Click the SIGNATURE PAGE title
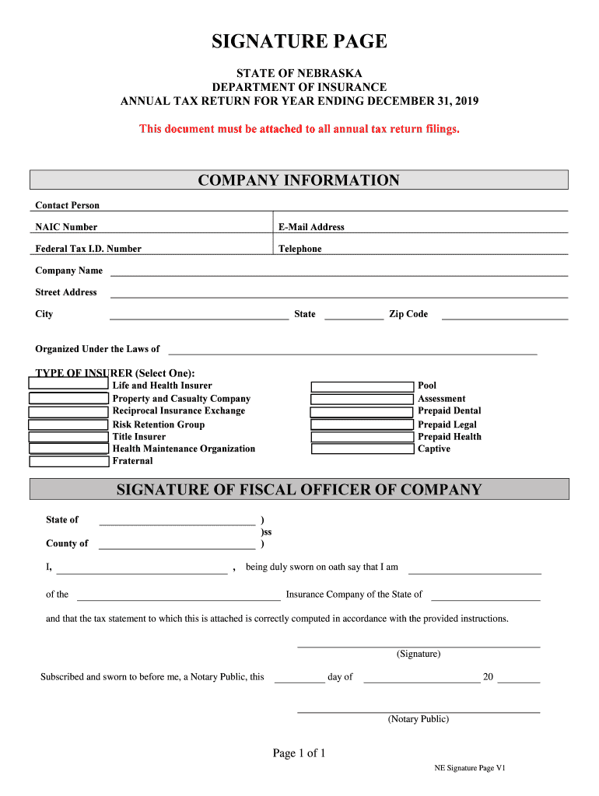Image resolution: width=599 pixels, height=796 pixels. click(299, 41)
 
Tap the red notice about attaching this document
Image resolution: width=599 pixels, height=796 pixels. click(299, 128)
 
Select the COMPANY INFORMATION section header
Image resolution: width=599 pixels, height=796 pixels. click(299, 180)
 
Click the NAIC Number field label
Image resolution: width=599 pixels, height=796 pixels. click(67, 227)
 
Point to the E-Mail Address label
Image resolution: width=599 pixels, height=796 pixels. click(311, 227)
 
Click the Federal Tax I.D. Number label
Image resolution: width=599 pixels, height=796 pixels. click(89, 249)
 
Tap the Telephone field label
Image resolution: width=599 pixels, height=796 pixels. click(300, 249)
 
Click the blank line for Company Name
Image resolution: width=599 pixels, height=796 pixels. click(339, 274)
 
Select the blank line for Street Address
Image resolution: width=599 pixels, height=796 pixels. click(339, 296)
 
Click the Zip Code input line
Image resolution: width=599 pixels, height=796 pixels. click(505, 318)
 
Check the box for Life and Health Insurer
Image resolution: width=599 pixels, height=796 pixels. click(68, 383)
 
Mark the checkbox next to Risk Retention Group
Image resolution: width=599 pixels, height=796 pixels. click(68, 424)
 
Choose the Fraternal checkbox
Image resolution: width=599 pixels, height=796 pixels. click(68, 461)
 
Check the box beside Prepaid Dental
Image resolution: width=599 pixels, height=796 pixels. click(362, 412)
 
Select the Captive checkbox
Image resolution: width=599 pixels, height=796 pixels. click(362, 449)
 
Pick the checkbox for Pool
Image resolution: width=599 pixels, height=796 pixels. click(362, 386)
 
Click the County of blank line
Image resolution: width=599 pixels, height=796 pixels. click(177, 548)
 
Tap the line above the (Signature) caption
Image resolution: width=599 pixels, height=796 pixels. click(419, 646)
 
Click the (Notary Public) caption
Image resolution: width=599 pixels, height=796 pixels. click(419, 719)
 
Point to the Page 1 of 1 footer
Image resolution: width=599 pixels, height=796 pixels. click(299, 752)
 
